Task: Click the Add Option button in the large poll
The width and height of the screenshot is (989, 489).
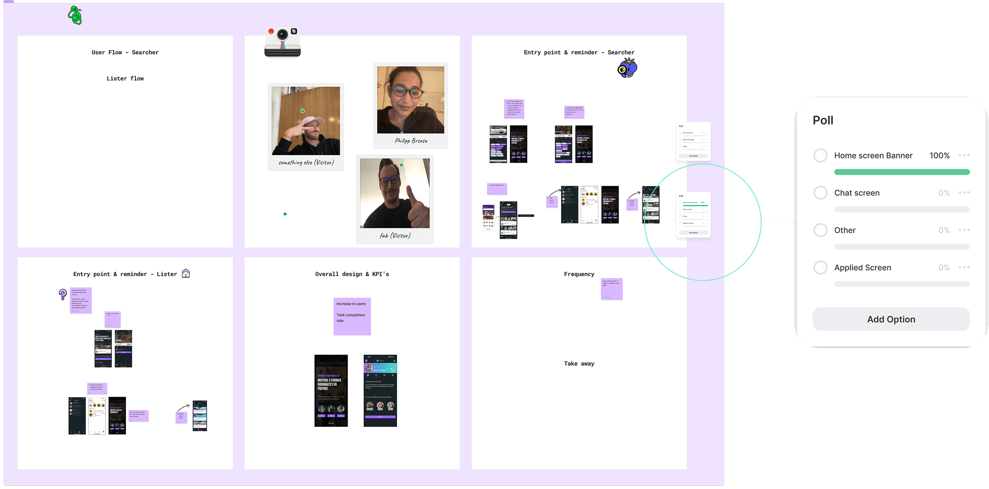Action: pyautogui.click(x=891, y=319)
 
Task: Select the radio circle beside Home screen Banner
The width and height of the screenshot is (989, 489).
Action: pyautogui.click(x=820, y=155)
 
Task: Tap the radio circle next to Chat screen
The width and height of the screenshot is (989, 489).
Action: pyautogui.click(x=820, y=193)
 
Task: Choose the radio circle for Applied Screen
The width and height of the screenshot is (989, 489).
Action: pyautogui.click(x=820, y=268)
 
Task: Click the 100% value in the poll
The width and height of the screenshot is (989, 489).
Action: pyautogui.click(x=939, y=155)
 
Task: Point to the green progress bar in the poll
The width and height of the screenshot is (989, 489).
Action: pyautogui.click(x=902, y=172)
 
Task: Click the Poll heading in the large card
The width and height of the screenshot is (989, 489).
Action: pyautogui.click(x=823, y=120)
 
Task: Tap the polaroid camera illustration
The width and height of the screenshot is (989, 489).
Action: pyautogui.click(x=282, y=42)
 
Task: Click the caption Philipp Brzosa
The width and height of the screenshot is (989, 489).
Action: pyautogui.click(x=411, y=141)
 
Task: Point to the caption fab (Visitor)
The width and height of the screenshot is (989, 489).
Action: pyautogui.click(x=395, y=236)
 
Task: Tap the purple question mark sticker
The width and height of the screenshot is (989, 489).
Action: pyautogui.click(x=63, y=294)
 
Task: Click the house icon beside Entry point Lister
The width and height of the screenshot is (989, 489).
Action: pyautogui.click(x=186, y=274)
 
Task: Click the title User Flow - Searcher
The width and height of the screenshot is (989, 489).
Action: pyautogui.click(x=125, y=52)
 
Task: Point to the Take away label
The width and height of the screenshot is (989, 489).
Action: pyautogui.click(x=579, y=364)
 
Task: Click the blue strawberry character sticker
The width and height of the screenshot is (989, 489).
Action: pyautogui.click(x=627, y=68)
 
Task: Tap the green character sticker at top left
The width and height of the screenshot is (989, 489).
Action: pyautogui.click(x=75, y=15)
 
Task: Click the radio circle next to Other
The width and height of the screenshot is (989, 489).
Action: pyautogui.click(x=820, y=230)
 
